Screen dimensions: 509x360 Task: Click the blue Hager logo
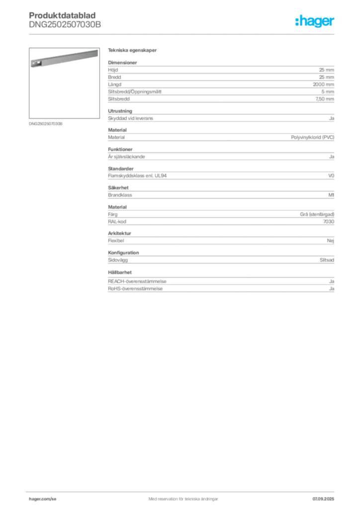point(316,22)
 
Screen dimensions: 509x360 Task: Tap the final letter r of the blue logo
point(334,23)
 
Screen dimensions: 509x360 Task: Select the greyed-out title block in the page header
point(65,20)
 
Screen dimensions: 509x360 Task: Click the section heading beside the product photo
point(133,51)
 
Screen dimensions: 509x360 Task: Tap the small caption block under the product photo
point(46,123)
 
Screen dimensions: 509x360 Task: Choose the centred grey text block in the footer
point(180,497)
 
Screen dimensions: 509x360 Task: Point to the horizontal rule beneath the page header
point(183,34)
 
